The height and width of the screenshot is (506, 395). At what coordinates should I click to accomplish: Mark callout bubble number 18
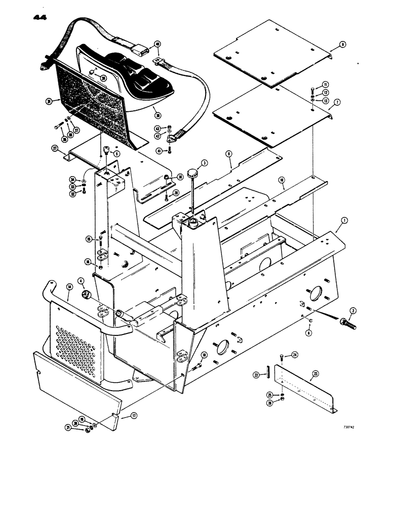click(204, 355)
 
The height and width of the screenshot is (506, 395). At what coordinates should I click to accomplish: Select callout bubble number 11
click(327, 84)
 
